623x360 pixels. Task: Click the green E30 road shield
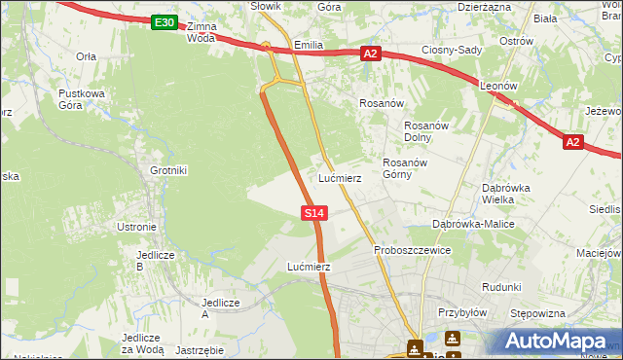(x=165, y=22)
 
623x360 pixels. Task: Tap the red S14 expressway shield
(x=313, y=212)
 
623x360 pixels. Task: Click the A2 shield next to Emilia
(x=370, y=54)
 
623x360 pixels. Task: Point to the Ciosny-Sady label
(x=451, y=50)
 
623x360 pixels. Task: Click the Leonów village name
(x=498, y=86)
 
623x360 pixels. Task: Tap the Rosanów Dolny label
(x=424, y=130)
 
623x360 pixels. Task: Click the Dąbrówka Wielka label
(x=505, y=193)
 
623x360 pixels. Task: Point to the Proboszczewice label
(x=412, y=250)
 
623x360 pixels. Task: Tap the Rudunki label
(x=501, y=287)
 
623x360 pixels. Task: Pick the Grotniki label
(x=168, y=170)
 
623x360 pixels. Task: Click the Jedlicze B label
(x=155, y=260)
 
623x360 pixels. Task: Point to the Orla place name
(x=86, y=56)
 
